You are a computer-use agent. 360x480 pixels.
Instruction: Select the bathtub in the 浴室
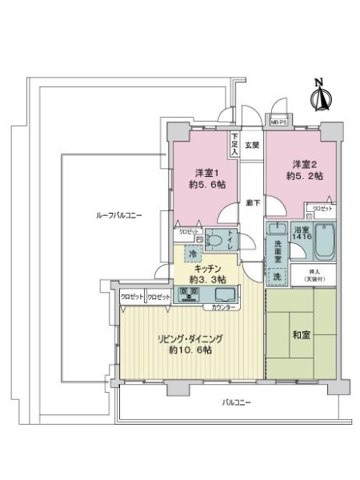324,241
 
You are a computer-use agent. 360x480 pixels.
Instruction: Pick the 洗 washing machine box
277,274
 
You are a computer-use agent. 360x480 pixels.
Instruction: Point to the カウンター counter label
223,308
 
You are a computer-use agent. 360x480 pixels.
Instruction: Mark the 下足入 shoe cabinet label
235,143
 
